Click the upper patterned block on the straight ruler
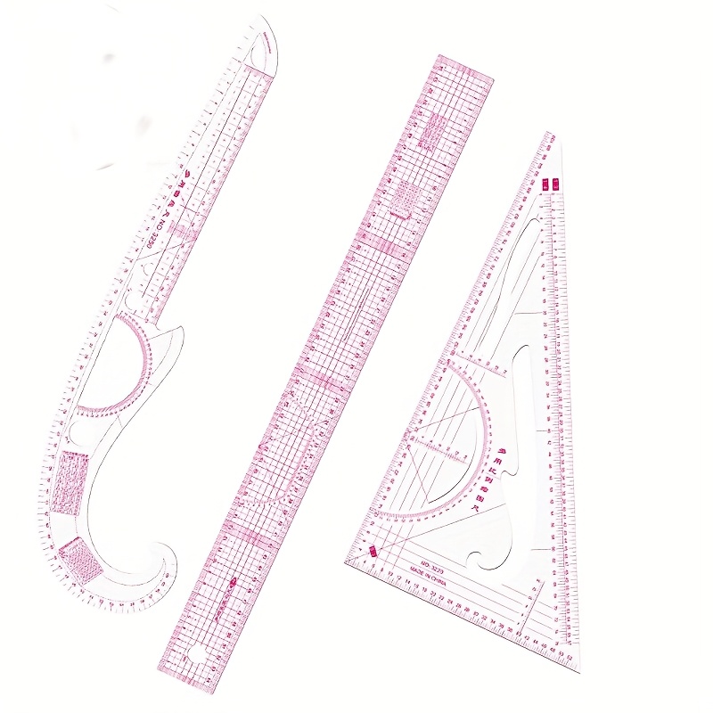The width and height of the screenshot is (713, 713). (x=431, y=132)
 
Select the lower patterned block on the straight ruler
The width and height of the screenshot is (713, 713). (x=405, y=199)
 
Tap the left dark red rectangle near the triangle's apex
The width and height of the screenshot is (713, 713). (x=545, y=183)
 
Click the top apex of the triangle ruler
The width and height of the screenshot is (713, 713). (x=550, y=135)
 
